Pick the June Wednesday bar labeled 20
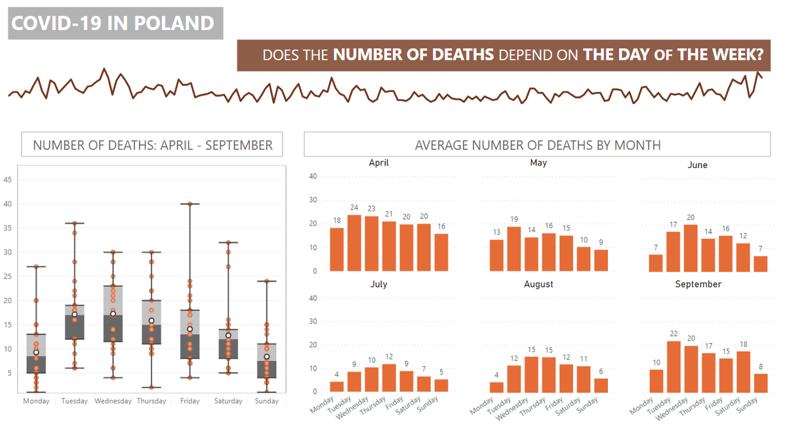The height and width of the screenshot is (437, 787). [691, 248]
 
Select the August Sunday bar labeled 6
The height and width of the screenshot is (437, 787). [601, 385]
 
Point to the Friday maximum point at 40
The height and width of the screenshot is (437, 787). [190, 204]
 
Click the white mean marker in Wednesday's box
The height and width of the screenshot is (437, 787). [113, 314]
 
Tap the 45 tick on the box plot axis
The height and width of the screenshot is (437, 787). [8, 180]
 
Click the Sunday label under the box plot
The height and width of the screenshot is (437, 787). [266, 401]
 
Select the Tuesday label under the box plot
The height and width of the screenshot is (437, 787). [74, 401]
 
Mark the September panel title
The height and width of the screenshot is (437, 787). [698, 284]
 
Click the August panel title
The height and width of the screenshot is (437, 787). [538, 284]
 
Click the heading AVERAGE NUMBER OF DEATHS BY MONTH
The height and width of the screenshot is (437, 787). [537, 145]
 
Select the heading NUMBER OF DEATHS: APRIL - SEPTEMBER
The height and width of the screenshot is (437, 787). [152, 145]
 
